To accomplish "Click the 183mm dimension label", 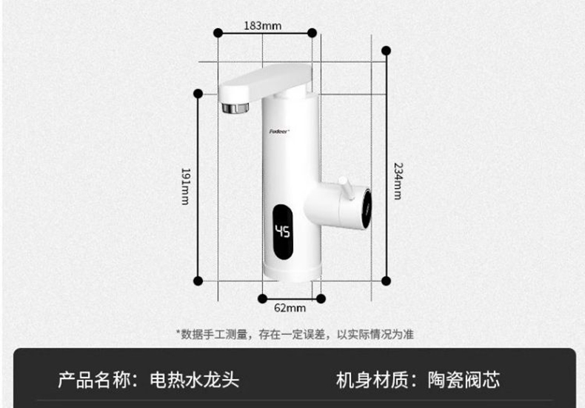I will click(x=263, y=25).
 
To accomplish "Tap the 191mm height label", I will click(x=185, y=187).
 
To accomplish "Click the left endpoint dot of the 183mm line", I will click(x=218, y=33).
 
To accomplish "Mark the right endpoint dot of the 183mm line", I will click(x=312, y=33).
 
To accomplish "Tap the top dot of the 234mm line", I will click(x=386, y=50).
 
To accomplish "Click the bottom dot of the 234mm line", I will click(x=386, y=280).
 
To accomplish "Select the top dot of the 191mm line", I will click(x=198, y=93).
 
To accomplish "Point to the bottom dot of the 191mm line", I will click(x=198, y=280).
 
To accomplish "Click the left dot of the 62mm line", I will click(x=262, y=298).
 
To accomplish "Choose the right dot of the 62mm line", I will click(x=321, y=298).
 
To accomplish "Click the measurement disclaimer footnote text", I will click(x=294, y=334).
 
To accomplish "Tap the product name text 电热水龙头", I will click(x=194, y=381).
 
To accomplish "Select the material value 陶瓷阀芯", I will click(x=464, y=381).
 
